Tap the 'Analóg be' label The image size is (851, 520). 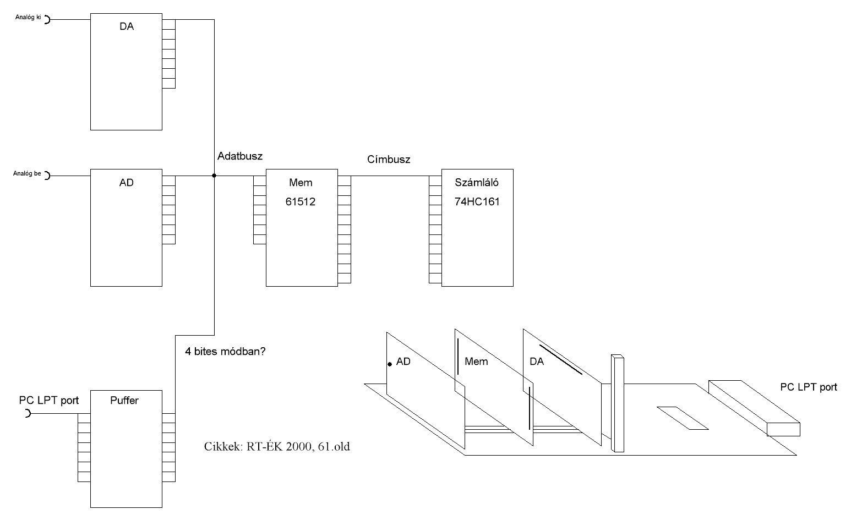coord(28,174)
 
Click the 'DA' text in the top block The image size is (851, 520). coord(127,26)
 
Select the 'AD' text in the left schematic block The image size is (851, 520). coord(127,183)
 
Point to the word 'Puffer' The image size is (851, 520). coord(124,401)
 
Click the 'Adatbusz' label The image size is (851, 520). coord(240,156)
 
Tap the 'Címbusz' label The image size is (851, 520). coord(389,160)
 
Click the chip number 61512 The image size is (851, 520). coord(301,202)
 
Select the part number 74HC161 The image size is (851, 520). coord(477,202)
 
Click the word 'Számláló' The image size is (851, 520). coord(477,183)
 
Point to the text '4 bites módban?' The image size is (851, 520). coord(226,351)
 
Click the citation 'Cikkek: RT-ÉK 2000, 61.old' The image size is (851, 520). coord(277,446)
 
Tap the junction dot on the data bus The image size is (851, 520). coord(214,176)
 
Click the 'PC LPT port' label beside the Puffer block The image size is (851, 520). coord(49,400)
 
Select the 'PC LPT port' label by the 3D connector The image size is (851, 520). coord(809,387)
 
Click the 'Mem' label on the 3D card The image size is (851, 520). coord(476,362)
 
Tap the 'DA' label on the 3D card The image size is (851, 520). coord(537,362)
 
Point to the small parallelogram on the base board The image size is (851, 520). coord(682,418)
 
